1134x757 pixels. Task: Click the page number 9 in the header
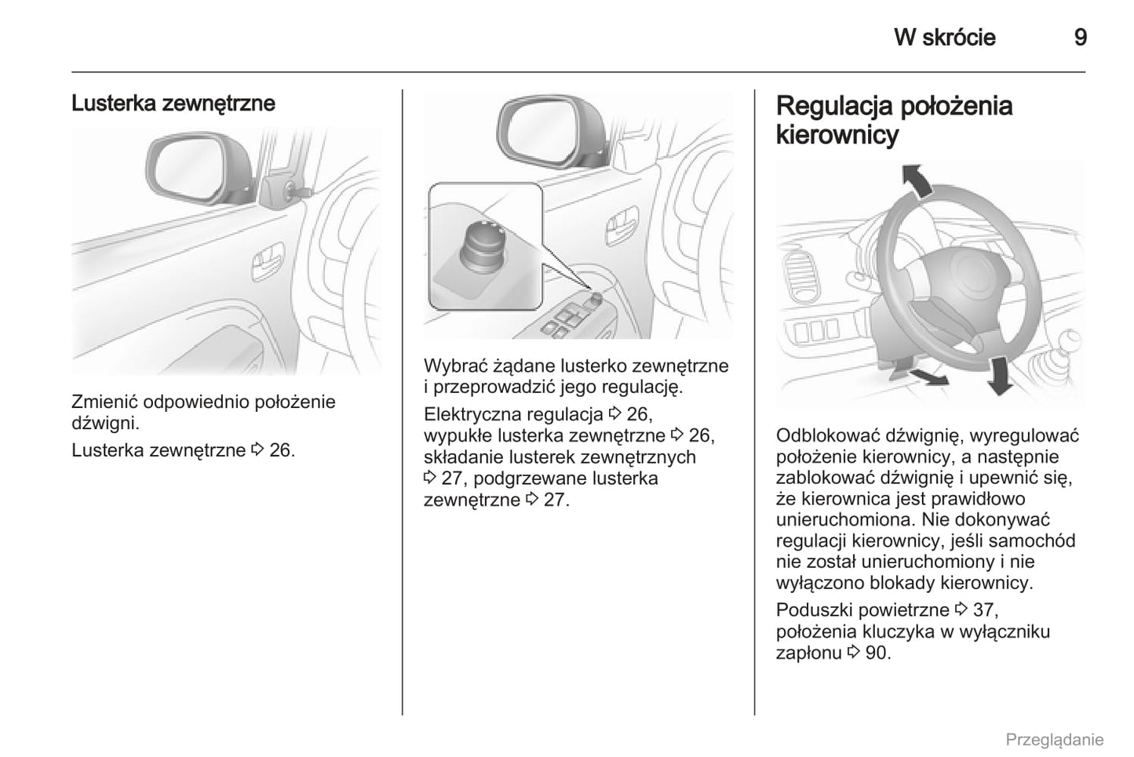click(x=1080, y=38)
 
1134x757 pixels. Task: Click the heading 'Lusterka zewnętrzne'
click(x=173, y=104)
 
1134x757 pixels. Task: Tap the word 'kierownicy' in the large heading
click(x=837, y=135)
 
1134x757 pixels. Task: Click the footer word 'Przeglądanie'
click(x=1054, y=740)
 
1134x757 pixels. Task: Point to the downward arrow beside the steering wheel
click(x=999, y=374)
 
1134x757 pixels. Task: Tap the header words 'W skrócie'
click(x=944, y=38)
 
